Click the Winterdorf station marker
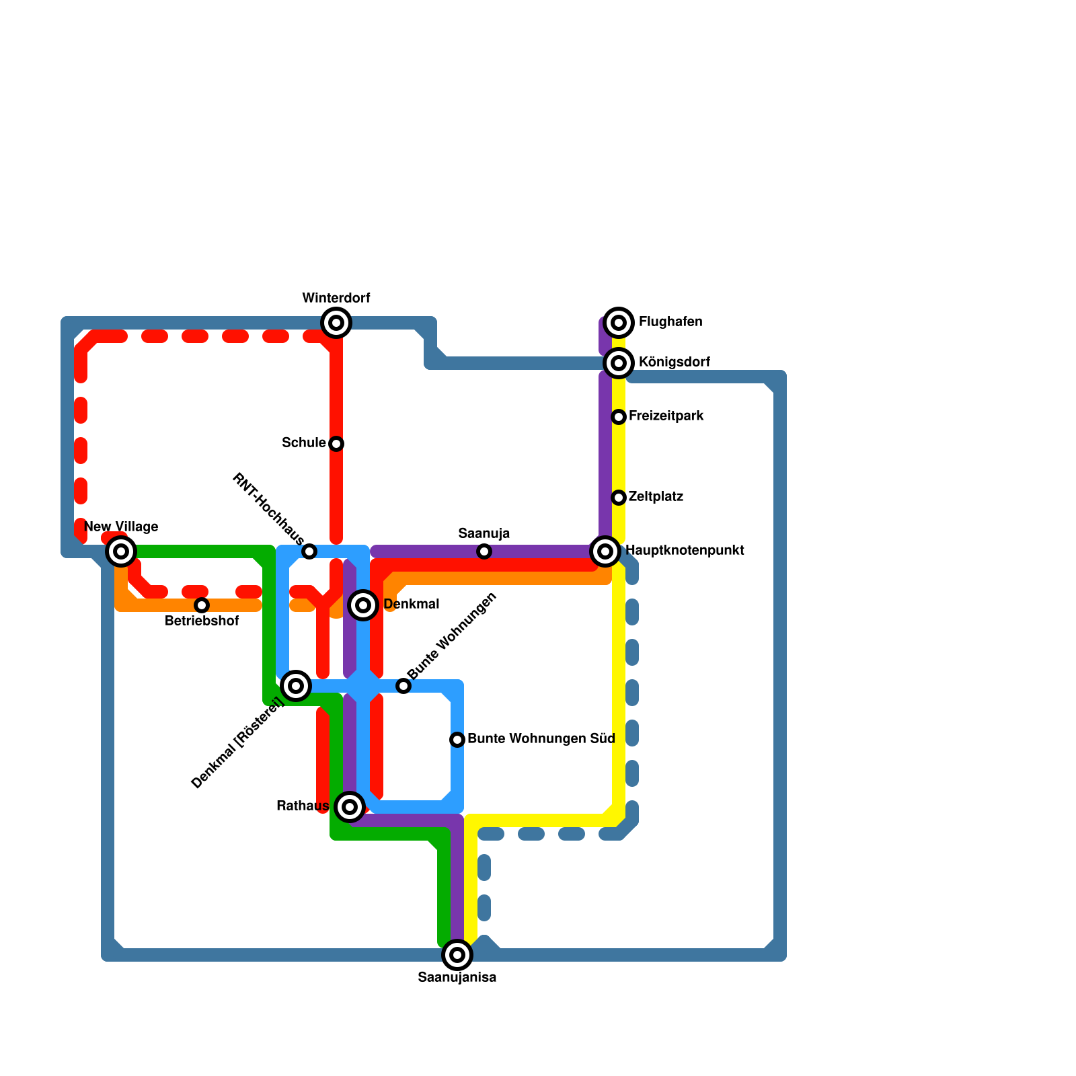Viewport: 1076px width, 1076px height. pos(336,323)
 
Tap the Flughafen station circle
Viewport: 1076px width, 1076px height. pos(619,323)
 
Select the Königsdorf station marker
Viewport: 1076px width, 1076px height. pos(619,363)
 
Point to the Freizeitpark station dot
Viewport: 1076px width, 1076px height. pos(619,417)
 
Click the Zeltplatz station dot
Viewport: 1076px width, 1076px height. pos(619,498)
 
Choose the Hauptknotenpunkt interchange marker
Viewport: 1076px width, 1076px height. pos(605,551)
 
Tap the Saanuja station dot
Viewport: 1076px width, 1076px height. pos(484,551)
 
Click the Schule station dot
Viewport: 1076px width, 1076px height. pos(336,444)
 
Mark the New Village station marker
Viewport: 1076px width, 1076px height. pos(121,551)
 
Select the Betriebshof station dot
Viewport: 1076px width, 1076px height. pos(202,605)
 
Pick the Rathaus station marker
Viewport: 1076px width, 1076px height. pos(350,807)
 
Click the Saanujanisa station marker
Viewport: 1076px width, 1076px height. pos(457,955)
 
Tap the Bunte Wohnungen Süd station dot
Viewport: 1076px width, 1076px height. pos(457,740)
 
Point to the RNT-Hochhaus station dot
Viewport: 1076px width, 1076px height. pos(309,551)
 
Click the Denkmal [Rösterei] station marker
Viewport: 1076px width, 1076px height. pos(296,686)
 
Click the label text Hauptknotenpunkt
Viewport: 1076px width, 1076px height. pos(685,551)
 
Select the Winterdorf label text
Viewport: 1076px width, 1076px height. pos(336,298)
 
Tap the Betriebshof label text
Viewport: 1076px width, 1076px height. pos(202,621)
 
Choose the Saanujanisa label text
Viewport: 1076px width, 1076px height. pos(457,978)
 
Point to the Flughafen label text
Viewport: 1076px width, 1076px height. pos(670,322)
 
